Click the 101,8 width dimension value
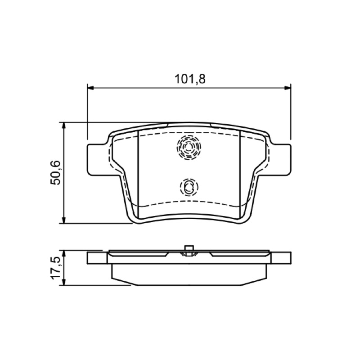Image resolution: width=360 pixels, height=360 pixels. tap(190, 79)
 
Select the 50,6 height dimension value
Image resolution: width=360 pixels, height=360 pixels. tap(55, 173)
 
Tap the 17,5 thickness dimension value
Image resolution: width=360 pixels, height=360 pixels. tap(56, 268)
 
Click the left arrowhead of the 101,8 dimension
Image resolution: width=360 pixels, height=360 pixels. tap(91, 88)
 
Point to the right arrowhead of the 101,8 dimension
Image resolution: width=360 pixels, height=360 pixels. tap(288, 88)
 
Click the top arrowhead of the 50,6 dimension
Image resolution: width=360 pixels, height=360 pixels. tap(64, 126)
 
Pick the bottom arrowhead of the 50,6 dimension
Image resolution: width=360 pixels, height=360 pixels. tap(64, 220)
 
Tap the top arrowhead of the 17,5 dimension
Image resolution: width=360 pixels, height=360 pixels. tap(64, 254)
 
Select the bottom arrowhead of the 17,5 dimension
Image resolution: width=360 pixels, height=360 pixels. tap(64, 282)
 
